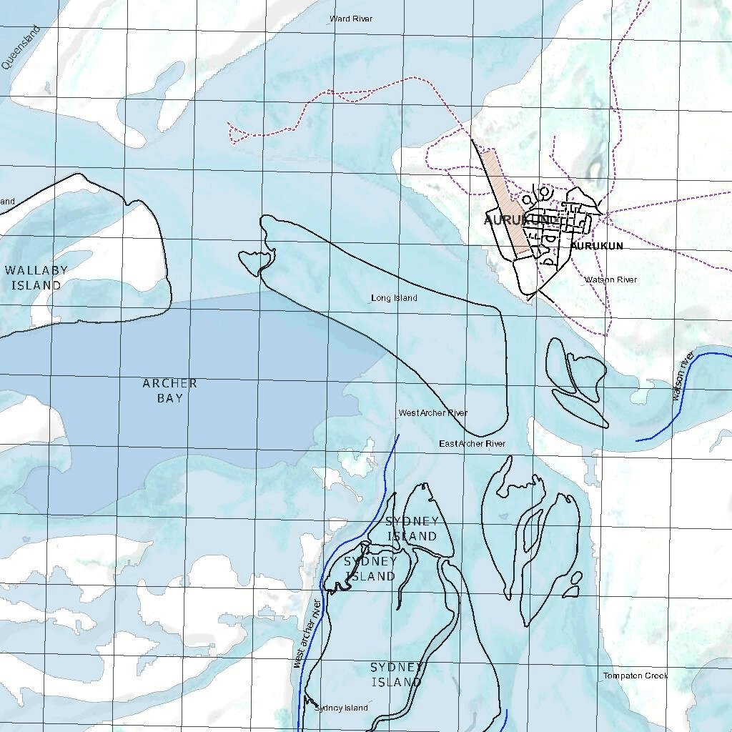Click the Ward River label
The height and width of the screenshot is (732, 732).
[x=351, y=19]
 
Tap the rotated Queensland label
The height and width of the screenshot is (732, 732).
[x=21, y=48]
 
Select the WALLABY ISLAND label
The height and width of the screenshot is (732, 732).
[x=36, y=277]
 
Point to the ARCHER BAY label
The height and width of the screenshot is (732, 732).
[x=169, y=390]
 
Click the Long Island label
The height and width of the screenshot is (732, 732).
[x=395, y=297]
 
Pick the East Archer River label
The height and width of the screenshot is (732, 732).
[x=472, y=444]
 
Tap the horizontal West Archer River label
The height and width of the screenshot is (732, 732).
[x=432, y=413]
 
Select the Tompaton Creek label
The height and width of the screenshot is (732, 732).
[x=635, y=676]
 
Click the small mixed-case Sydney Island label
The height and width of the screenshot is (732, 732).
[x=342, y=708]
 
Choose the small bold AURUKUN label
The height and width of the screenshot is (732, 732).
[x=596, y=246]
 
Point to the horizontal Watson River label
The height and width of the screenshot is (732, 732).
[x=610, y=280]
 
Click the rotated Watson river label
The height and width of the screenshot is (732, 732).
[x=683, y=377]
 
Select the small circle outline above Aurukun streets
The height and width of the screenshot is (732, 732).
[x=544, y=192]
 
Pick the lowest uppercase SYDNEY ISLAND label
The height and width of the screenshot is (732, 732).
[x=396, y=675]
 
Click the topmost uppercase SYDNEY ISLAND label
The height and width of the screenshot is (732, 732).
[x=412, y=529]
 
